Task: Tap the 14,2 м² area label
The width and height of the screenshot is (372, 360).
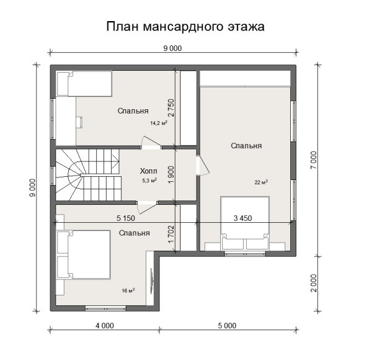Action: (159, 123)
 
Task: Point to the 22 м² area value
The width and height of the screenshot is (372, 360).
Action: (260, 182)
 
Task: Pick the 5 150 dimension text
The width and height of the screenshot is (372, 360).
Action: (126, 218)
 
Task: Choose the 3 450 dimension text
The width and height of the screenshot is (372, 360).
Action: (242, 218)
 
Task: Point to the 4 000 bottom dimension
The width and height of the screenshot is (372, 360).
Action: (104, 325)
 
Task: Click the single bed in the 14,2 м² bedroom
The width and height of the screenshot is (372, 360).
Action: (84, 84)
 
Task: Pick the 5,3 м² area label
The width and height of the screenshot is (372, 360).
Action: (149, 181)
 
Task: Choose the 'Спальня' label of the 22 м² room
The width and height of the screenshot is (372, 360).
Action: (246, 146)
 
